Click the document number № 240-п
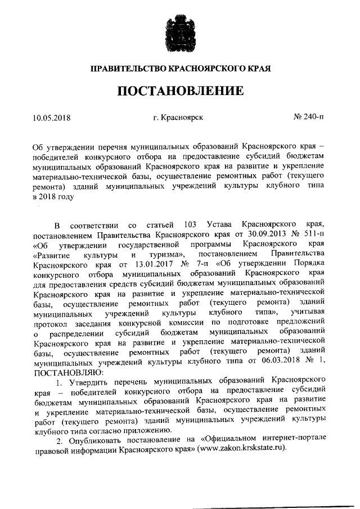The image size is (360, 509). pos(309,118)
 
